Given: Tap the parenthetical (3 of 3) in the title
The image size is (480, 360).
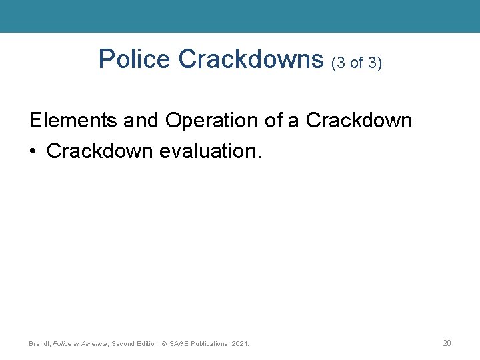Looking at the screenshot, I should [357, 62].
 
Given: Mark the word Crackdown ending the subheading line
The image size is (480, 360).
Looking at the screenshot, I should [359, 121].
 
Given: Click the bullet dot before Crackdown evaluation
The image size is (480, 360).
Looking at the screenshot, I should [33, 151].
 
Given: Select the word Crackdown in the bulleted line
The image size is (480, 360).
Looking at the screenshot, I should [101, 151].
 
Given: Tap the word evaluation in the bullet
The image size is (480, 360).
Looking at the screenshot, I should [211, 151].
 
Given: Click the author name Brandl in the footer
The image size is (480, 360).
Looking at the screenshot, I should [39, 344].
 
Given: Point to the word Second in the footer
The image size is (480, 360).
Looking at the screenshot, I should [125, 344].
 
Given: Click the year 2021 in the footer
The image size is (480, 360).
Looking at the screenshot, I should [241, 344].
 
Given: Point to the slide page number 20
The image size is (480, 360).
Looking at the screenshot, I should [447, 343].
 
